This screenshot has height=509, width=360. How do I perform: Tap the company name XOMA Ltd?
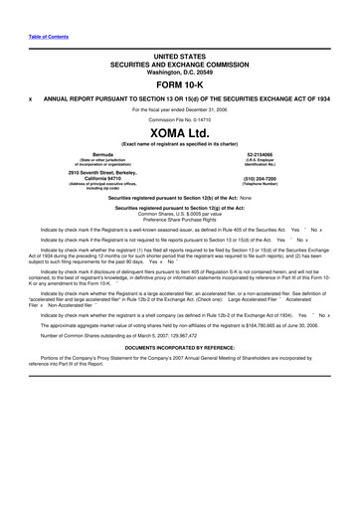click(x=179, y=132)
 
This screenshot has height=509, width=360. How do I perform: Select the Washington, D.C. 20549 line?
click(x=179, y=73)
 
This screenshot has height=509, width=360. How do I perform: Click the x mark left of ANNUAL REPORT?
click(x=31, y=99)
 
